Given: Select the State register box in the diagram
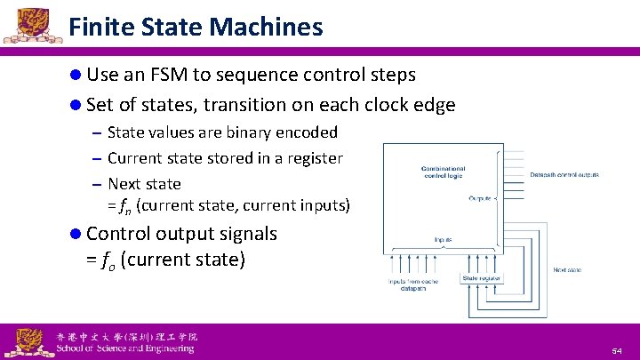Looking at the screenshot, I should [481, 278].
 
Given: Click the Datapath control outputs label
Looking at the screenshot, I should [564, 174].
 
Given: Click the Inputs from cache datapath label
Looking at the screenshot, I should [412, 284].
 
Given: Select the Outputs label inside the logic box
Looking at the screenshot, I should [482, 198].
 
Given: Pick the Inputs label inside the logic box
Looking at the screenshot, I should [442, 239].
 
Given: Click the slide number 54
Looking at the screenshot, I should [616, 352].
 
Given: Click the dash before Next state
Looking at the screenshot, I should [95, 185].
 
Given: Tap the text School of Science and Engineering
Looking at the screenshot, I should [124, 348].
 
